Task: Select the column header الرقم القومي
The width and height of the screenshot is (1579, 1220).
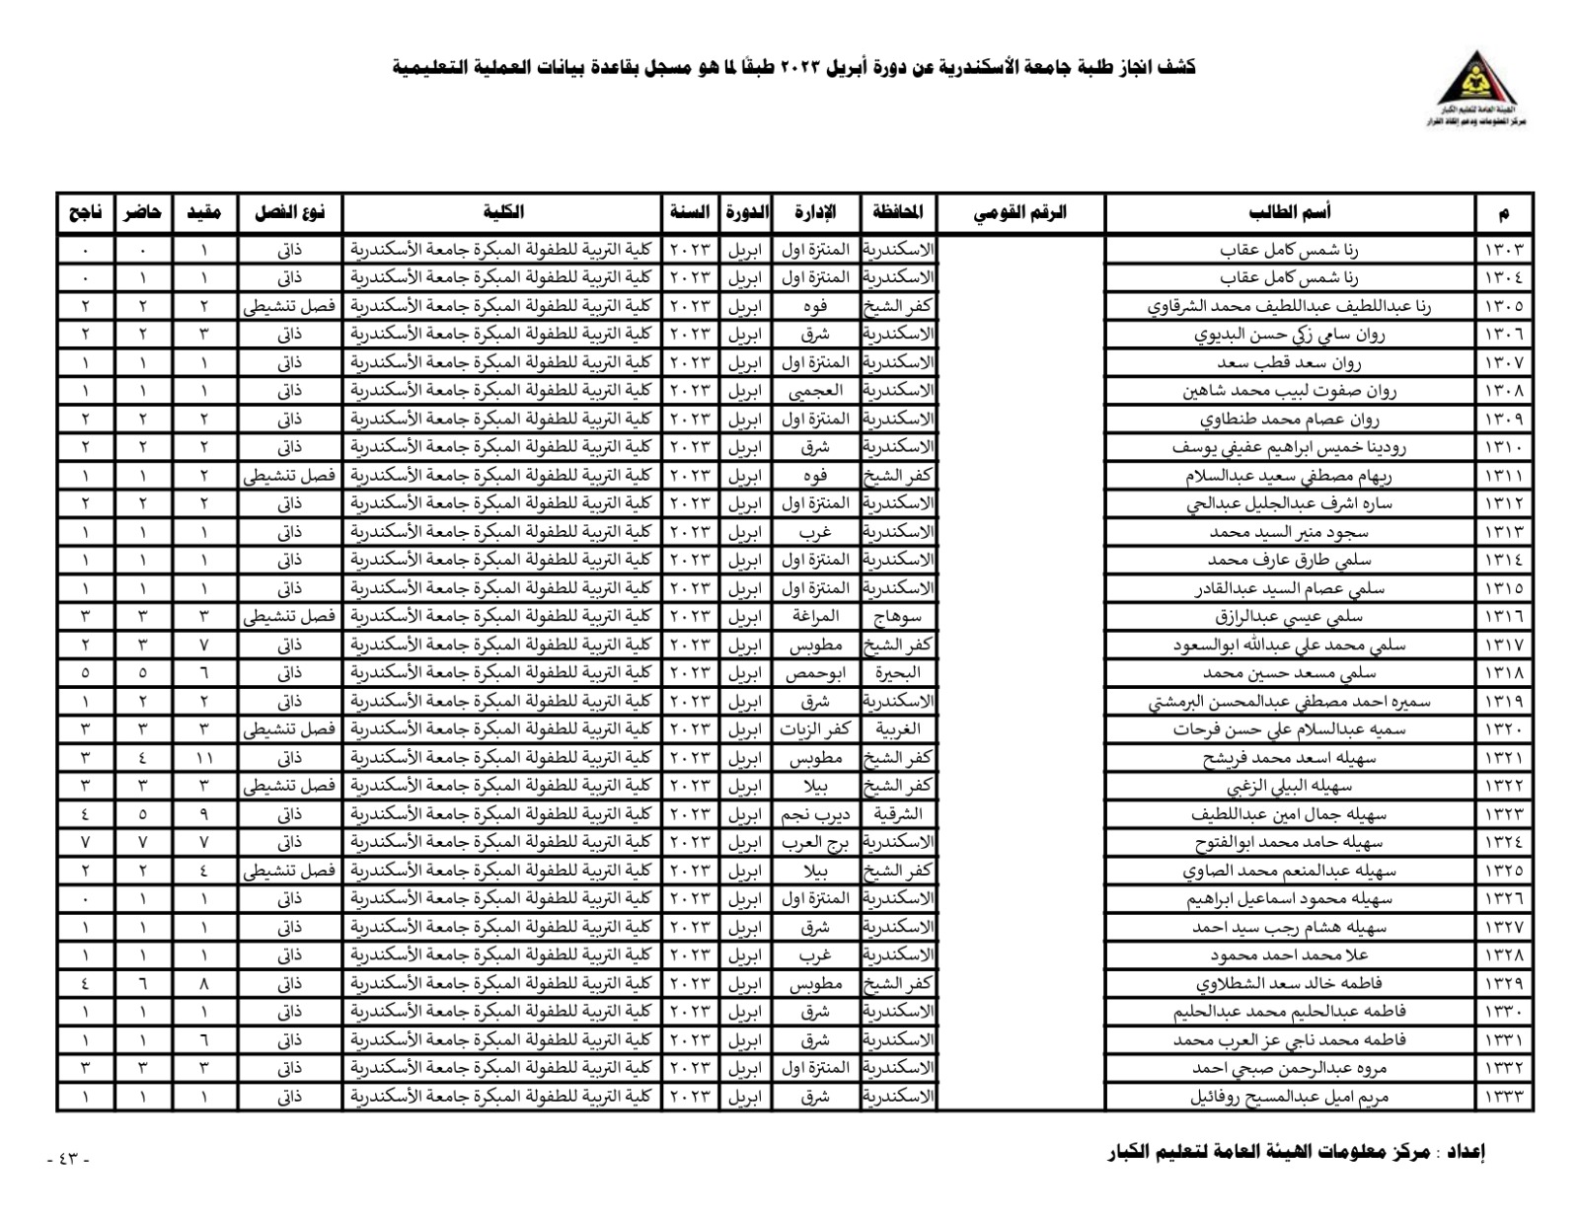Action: [x=1020, y=212]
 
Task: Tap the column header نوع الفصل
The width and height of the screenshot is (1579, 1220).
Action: [x=289, y=212]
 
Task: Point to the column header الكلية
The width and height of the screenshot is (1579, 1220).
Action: [x=502, y=212]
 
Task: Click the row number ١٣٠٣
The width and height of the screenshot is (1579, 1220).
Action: [x=1504, y=250]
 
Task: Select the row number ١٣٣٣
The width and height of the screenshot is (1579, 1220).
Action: [x=1504, y=1096]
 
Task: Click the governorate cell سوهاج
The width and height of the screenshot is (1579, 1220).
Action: [x=897, y=617]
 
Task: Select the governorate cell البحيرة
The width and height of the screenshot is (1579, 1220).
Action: [x=897, y=673]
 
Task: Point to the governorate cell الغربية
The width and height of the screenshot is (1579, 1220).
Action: [x=897, y=729]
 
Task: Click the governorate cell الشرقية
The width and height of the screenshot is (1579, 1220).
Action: [x=897, y=814]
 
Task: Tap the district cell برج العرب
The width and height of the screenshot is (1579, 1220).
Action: [x=815, y=842]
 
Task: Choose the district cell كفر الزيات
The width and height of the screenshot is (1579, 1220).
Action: [x=815, y=729]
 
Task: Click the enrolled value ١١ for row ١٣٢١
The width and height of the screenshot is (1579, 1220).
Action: [x=204, y=758]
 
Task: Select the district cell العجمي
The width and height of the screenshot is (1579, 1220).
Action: [x=815, y=391]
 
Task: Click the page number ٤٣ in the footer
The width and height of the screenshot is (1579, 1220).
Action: [x=68, y=1159]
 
